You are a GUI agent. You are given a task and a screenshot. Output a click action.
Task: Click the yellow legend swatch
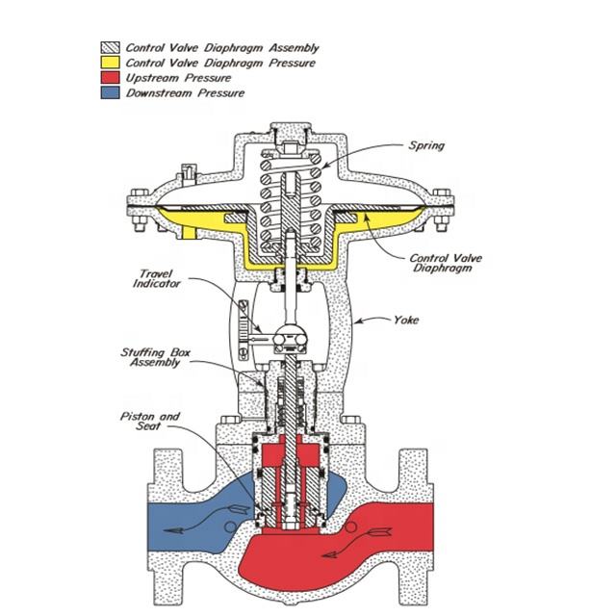[x=110, y=63]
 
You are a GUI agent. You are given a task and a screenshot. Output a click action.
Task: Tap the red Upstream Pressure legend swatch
[x=110, y=77]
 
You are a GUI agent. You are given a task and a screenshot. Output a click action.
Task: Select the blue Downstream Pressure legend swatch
[x=110, y=92]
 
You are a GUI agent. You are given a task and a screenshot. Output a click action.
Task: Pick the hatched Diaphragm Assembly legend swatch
[x=110, y=47]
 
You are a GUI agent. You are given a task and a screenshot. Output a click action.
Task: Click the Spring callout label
[x=426, y=145]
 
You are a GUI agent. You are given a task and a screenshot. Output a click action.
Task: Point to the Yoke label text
[x=406, y=320]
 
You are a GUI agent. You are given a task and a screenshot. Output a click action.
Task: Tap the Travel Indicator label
[x=156, y=278]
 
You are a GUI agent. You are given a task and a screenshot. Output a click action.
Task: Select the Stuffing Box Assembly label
[x=156, y=357]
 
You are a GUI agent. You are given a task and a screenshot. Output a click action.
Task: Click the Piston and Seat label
[x=150, y=422]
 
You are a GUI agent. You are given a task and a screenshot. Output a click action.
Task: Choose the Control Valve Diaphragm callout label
[x=446, y=263]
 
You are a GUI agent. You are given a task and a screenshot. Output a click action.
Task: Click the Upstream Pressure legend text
[x=178, y=78]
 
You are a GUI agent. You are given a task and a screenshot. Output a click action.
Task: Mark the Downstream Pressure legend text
[x=185, y=93]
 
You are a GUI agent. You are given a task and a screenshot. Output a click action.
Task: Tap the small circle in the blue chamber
[x=230, y=526]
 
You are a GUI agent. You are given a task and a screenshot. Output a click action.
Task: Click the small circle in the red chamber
[x=350, y=526]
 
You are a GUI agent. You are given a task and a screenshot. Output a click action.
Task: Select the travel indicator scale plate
[x=244, y=329]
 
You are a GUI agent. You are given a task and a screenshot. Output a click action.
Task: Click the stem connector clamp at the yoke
[x=289, y=338]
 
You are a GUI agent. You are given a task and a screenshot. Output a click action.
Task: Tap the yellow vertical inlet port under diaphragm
[x=189, y=232]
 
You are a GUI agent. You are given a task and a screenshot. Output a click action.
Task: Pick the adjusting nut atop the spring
[x=291, y=149]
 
